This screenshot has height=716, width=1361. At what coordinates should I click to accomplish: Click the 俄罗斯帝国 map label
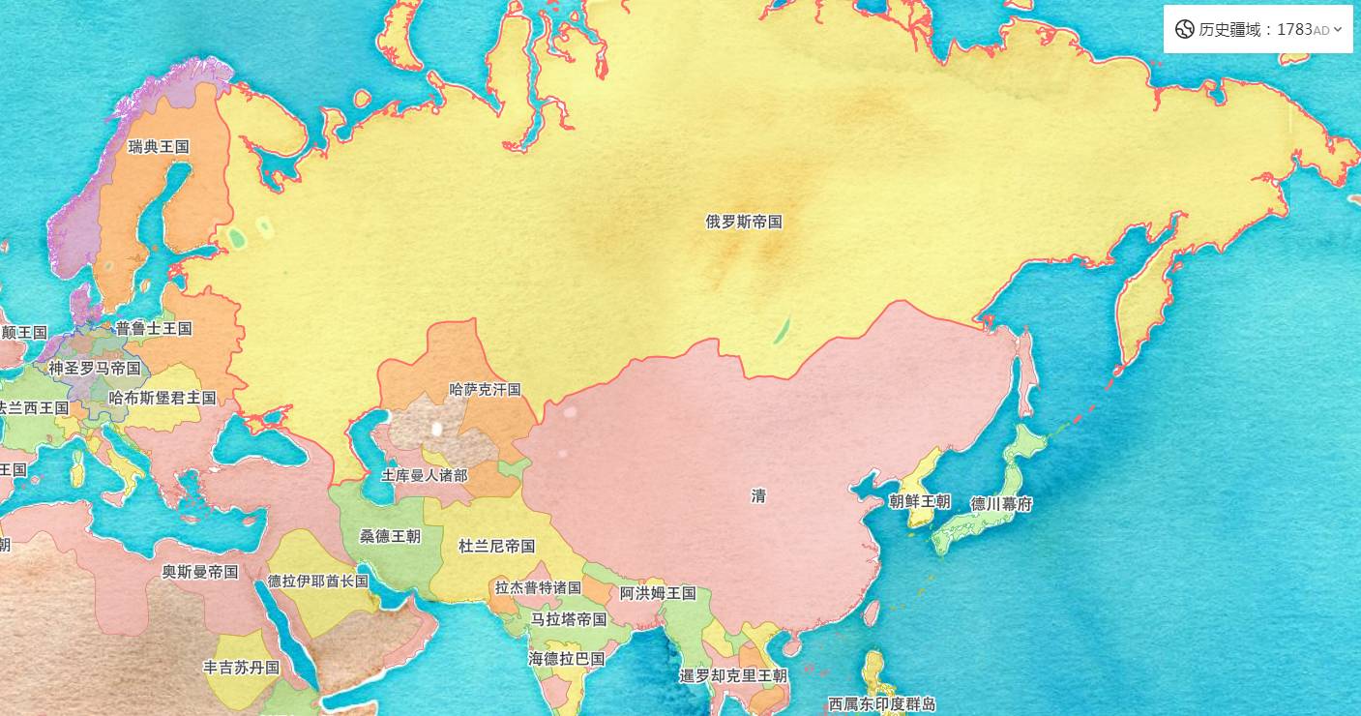[x=744, y=222]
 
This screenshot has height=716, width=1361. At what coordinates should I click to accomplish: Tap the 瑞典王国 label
[x=159, y=147]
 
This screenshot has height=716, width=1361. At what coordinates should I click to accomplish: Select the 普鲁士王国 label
[x=154, y=329]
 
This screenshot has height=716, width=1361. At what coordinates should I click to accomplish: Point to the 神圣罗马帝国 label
[x=95, y=368]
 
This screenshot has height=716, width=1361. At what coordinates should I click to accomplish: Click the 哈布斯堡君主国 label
[x=163, y=398]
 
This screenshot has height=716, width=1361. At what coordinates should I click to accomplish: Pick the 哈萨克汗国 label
[x=486, y=390]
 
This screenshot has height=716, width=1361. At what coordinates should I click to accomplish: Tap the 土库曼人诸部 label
[x=425, y=476]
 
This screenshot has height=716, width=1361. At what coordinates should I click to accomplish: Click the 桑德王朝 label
[x=391, y=536]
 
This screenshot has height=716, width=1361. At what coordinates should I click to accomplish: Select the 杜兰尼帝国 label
[x=497, y=547]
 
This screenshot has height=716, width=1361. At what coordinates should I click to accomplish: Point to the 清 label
[x=759, y=496]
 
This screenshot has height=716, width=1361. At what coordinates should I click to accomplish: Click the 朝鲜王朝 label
[x=920, y=502]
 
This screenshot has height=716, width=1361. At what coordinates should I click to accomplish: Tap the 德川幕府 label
[x=1001, y=504]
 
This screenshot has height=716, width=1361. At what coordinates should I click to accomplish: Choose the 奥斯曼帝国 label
[x=200, y=572]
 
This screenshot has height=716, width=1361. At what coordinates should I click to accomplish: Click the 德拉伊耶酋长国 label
[x=318, y=582]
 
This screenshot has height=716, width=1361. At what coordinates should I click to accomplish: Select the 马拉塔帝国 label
[x=569, y=619]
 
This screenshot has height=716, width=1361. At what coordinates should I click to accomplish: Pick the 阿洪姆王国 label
[x=658, y=593]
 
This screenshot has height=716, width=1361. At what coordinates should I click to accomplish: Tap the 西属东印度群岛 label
[x=881, y=704]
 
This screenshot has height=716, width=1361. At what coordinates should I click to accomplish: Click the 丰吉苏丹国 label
[x=241, y=668]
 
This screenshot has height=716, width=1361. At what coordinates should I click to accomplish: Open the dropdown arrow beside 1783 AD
[x=1338, y=29]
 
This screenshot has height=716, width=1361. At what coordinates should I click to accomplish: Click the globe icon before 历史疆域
[x=1184, y=29]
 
